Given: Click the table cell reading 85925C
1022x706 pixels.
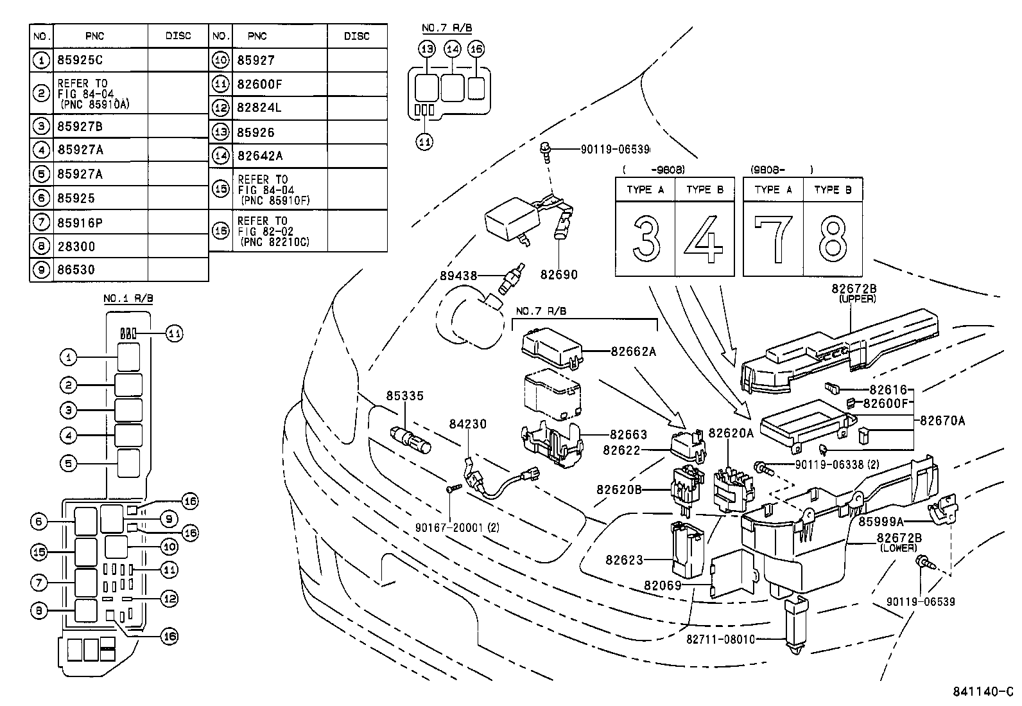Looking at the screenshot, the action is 80,60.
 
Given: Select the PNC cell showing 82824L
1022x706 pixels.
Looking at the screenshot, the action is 259,108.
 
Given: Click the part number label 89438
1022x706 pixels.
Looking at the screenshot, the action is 458,276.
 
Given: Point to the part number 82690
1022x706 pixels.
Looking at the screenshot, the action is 559,275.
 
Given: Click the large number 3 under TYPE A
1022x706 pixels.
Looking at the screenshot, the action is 645,238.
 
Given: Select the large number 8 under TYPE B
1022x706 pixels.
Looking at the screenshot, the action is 833,238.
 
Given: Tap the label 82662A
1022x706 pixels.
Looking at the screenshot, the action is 633,351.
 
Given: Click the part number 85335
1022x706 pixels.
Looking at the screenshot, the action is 404,396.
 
